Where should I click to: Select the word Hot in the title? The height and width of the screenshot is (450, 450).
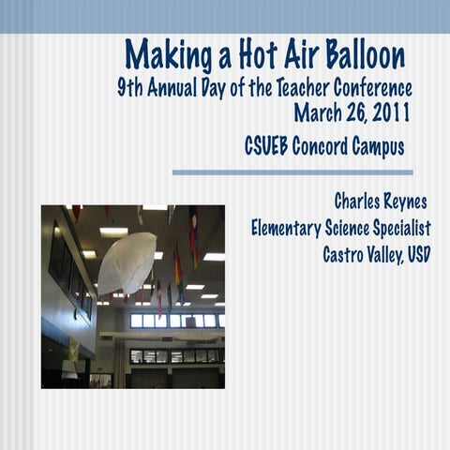248,55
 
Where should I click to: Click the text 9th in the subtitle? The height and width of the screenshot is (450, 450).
130,89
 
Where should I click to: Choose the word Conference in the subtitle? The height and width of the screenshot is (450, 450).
375,89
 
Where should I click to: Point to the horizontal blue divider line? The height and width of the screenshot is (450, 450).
292,172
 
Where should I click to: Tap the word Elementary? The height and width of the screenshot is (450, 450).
292,228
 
